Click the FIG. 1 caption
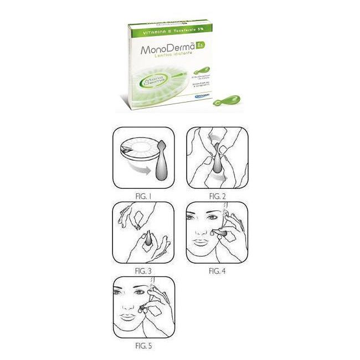click(x=143, y=197)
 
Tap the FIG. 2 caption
click(x=217, y=197)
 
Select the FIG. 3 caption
click(x=143, y=271)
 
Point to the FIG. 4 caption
click(x=217, y=271)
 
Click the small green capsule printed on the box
click(x=199, y=71)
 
